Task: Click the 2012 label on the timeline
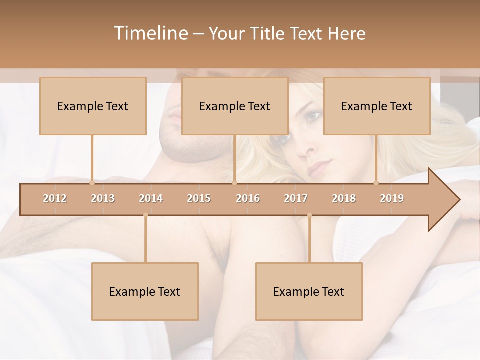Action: click(x=55, y=198)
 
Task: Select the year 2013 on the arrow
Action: click(x=103, y=198)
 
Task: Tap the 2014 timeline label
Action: click(x=151, y=198)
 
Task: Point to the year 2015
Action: click(x=199, y=198)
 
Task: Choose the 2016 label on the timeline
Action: click(x=248, y=198)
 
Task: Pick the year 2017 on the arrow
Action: click(x=296, y=198)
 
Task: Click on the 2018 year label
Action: click(x=344, y=198)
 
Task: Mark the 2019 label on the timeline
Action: click(x=392, y=198)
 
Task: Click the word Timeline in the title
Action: click(x=150, y=33)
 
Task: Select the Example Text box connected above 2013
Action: click(x=93, y=106)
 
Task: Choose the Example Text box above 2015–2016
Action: click(x=235, y=106)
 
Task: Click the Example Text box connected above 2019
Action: click(x=377, y=106)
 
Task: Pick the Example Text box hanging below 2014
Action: click(x=145, y=291)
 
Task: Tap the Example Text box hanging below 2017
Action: click(x=309, y=291)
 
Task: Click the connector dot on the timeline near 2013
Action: click(x=92, y=183)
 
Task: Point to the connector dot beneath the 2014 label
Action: click(x=145, y=215)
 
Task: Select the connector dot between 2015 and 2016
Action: click(x=234, y=183)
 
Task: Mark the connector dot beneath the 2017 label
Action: click(x=309, y=215)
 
